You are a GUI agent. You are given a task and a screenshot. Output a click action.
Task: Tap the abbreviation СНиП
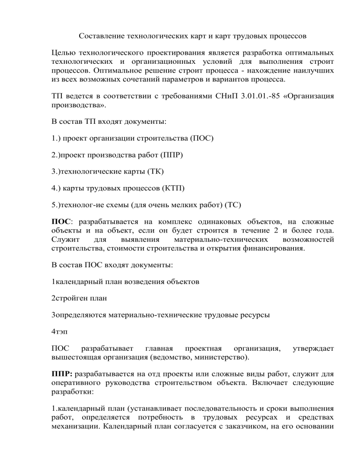(225, 97)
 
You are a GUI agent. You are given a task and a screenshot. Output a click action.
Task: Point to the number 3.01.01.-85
(258, 97)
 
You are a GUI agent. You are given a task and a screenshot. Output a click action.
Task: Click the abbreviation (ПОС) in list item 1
(202, 139)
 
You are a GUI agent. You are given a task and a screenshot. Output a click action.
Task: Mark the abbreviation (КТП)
(173, 188)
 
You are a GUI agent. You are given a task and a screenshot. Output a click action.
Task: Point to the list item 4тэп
(60, 331)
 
